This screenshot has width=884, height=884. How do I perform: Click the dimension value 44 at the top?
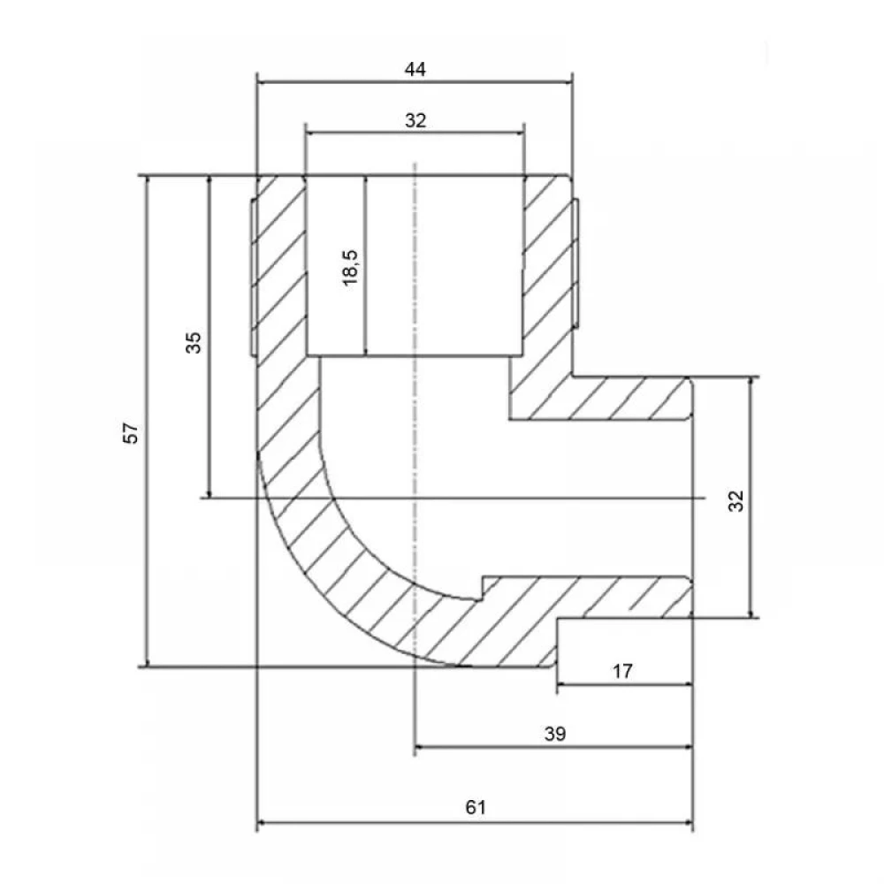[415, 70]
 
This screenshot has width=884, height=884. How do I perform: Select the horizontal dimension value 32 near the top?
[415, 120]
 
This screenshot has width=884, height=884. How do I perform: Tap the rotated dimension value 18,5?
[351, 268]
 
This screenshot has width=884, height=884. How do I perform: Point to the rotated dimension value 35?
[194, 343]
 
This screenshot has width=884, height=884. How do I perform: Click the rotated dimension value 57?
[131, 433]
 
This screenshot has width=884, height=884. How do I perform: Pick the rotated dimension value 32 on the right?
[736, 501]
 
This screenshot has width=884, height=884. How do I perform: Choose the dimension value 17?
[622, 672]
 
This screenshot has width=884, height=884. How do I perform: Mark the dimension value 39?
[555, 734]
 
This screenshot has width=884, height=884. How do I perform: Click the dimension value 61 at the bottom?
[476, 807]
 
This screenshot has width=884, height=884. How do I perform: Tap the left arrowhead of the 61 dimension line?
[262, 823]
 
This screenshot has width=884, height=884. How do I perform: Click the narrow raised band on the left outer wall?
[253, 277]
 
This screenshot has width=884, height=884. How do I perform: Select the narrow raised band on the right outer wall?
[575, 262]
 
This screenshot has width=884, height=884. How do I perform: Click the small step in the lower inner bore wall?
[482, 588]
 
